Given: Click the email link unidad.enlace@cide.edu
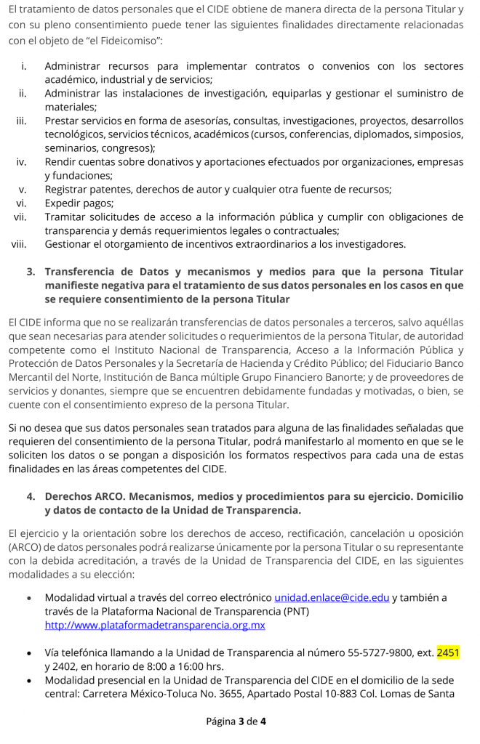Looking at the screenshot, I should (x=332, y=598).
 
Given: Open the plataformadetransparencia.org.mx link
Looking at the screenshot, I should (x=155, y=625).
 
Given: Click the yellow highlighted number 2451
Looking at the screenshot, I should (x=448, y=652).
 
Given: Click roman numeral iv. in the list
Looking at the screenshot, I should (x=22, y=161).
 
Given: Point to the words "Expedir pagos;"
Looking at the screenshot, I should (x=79, y=203).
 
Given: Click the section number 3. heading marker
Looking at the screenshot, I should (x=31, y=272).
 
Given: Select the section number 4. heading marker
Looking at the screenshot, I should (x=31, y=496).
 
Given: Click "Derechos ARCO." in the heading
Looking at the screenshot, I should (x=87, y=496).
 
